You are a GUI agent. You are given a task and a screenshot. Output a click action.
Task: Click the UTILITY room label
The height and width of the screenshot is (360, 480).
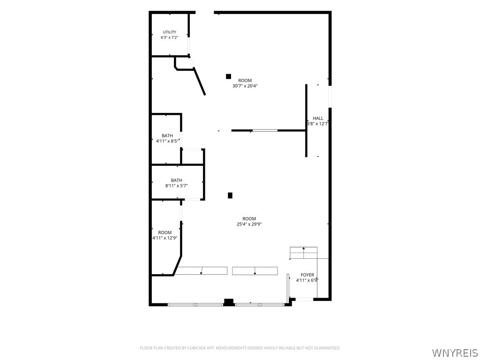click(169, 32)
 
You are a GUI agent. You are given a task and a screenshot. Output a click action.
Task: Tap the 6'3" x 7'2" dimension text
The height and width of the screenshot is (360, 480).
click(169, 37)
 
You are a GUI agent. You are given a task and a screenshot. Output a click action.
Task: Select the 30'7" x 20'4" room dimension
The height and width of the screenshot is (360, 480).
click(245, 86)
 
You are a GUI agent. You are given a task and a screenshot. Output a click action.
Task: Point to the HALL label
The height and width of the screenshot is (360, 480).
click(318, 118)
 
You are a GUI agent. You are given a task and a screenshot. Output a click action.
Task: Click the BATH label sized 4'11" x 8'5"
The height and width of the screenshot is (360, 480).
click(167, 135)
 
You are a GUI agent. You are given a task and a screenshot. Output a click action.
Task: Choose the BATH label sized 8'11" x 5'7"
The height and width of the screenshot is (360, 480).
click(176, 180)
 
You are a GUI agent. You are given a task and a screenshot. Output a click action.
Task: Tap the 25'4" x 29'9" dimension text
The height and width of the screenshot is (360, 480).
click(249, 224)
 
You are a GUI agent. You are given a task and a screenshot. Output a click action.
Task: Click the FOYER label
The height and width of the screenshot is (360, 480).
click(307, 275)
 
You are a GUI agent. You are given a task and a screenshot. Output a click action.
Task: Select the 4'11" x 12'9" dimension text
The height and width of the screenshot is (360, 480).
click(165, 238)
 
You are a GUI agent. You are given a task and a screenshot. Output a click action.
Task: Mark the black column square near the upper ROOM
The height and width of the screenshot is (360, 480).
click(228, 76)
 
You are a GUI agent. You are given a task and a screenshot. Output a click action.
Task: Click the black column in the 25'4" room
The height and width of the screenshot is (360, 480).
click(230, 195)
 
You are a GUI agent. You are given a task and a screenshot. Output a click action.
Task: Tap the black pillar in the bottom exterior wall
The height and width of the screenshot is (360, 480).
click(229, 302)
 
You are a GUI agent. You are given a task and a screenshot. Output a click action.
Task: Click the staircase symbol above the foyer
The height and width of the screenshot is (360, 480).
click(303, 253)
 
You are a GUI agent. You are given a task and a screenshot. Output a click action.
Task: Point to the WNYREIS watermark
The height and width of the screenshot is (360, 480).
click(455, 352)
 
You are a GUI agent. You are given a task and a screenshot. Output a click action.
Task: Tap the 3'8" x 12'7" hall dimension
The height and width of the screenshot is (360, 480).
click(318, 124)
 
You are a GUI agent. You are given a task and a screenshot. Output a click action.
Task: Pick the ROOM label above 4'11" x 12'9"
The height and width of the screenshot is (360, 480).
click(165, 232)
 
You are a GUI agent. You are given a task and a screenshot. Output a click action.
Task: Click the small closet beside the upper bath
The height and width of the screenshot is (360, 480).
click(193, 157)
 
